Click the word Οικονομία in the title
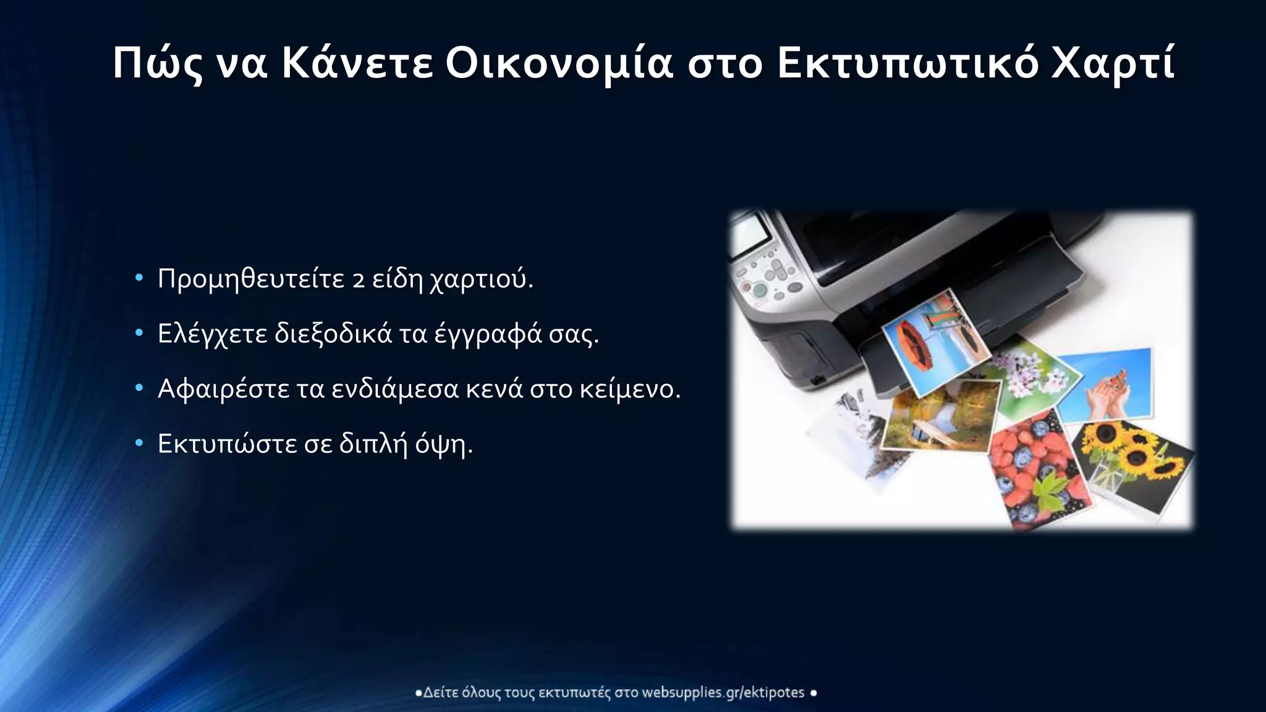[558, 64]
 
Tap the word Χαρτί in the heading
[1113, 64]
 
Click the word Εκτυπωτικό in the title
[907, 64]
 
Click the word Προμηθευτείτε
[250, 280]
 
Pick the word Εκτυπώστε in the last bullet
[227, 444]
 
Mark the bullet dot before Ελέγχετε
[139, 334]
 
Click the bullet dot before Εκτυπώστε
[139, 443]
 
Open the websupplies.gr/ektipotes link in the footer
[723, 693]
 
